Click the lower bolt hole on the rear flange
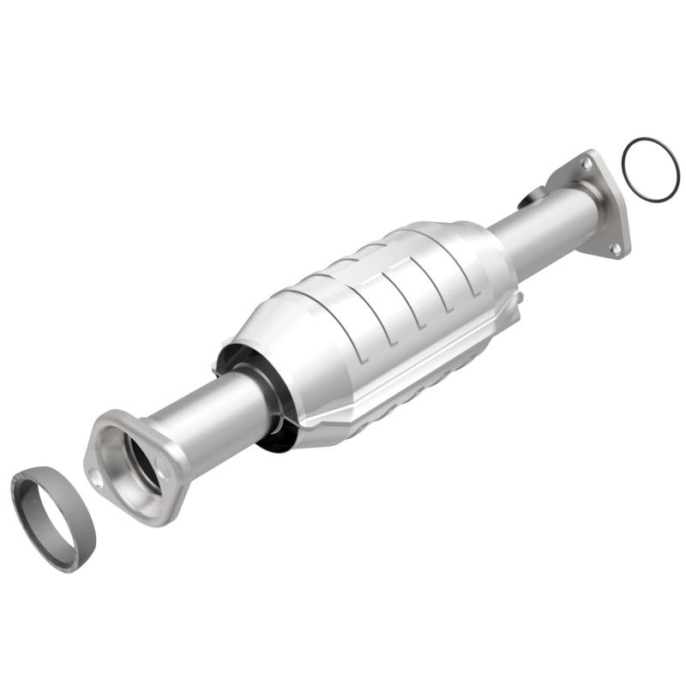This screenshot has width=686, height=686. (615, 248)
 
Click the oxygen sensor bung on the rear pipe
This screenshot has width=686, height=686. (530, 198)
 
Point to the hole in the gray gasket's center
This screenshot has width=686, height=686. (53, 514)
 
